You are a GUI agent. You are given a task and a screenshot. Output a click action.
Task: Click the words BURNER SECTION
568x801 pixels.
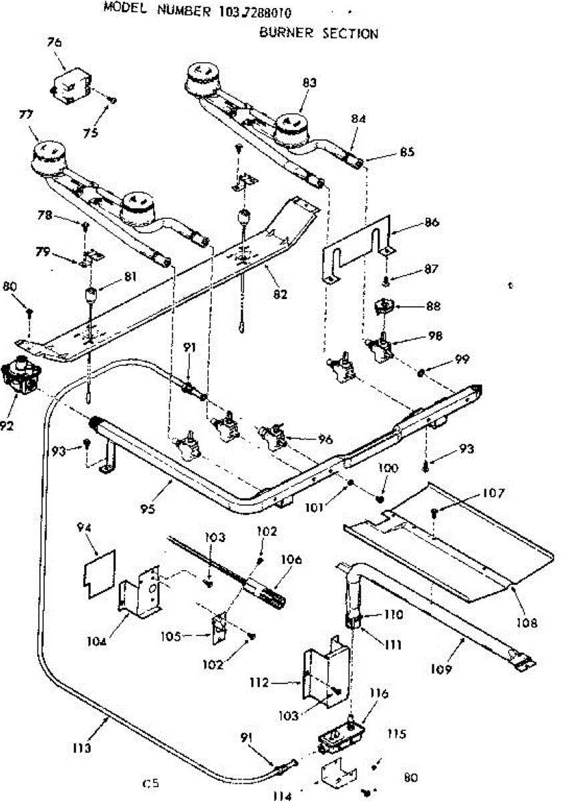(x=318, y=33)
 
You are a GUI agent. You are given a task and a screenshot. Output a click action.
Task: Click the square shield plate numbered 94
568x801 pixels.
(x=99, y=571)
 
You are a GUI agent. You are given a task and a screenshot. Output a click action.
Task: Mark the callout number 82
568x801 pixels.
(x=281, y=294)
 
